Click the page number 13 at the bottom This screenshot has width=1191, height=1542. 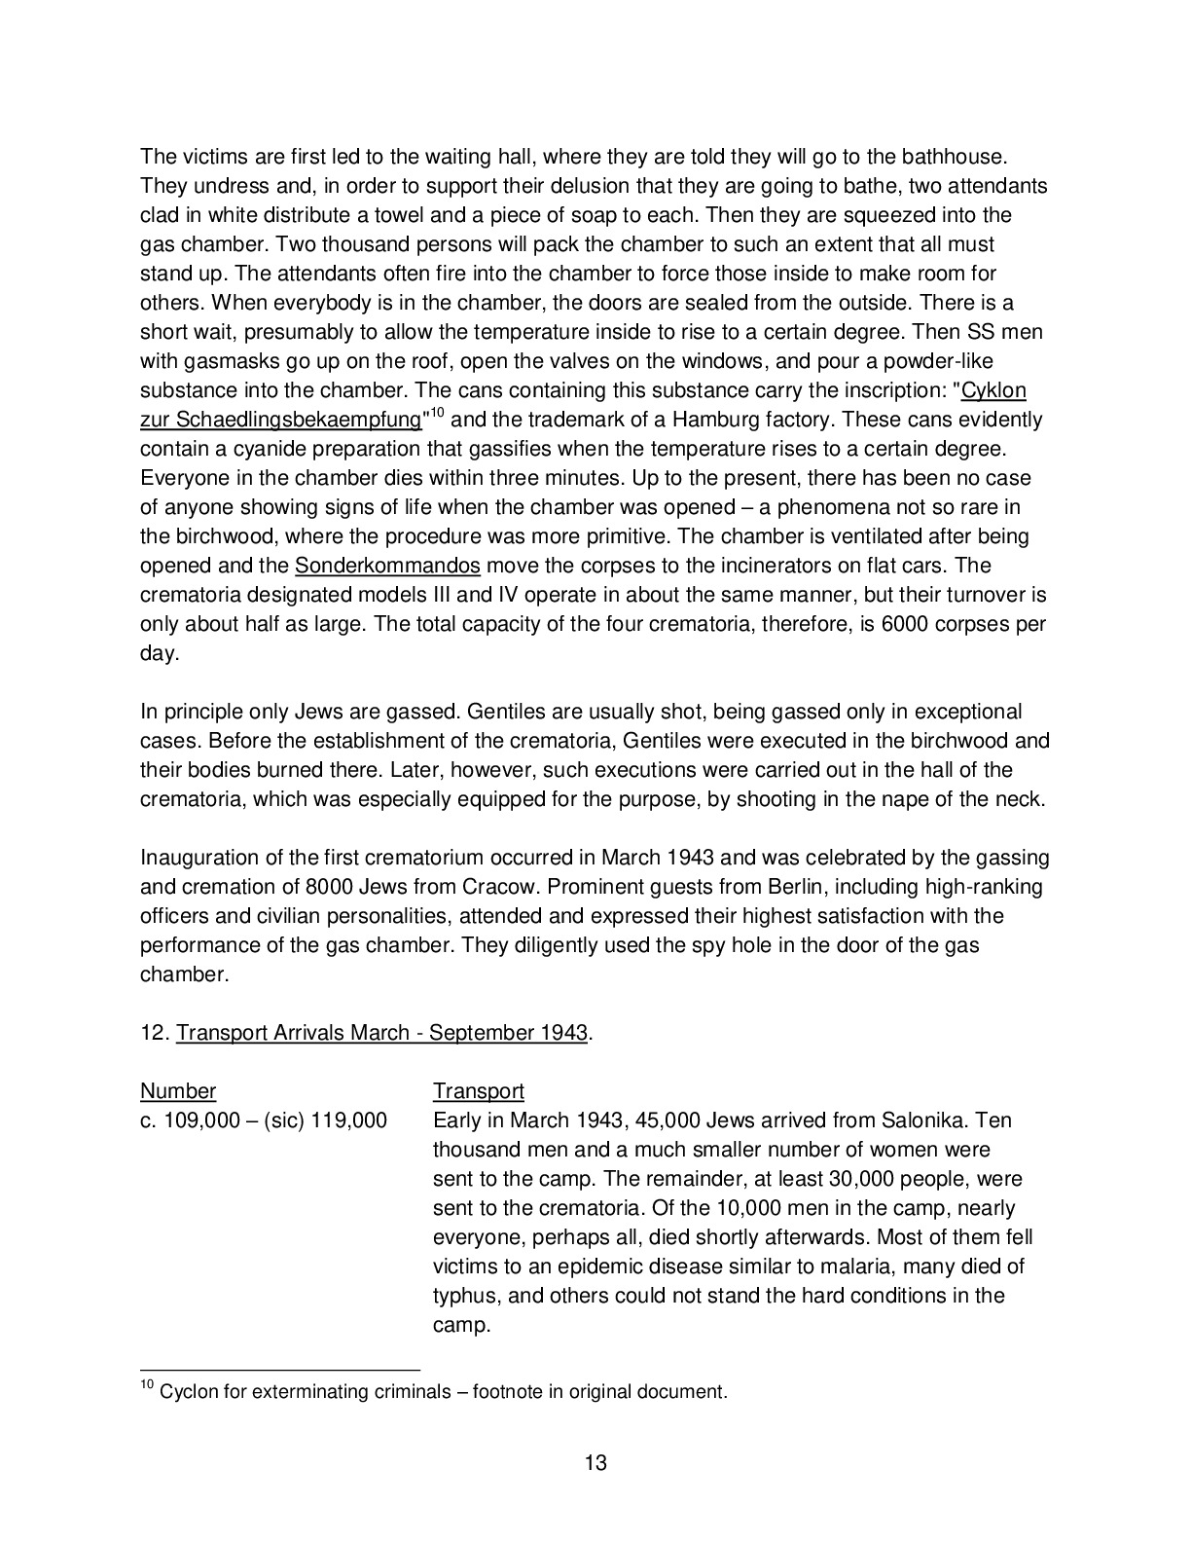tap(595, 1462)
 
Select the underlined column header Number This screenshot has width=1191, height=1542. tap(178, 1091)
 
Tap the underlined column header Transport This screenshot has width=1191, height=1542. tap(479, 1091)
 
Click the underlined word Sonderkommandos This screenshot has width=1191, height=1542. tap(387, 566)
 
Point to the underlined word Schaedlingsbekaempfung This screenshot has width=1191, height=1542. tap(292, 421)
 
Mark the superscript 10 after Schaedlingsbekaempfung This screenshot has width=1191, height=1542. tap(437, 413)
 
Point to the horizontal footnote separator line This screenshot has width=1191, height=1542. tap(279, 1368)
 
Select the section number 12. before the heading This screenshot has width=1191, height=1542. tap(155, 1033)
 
